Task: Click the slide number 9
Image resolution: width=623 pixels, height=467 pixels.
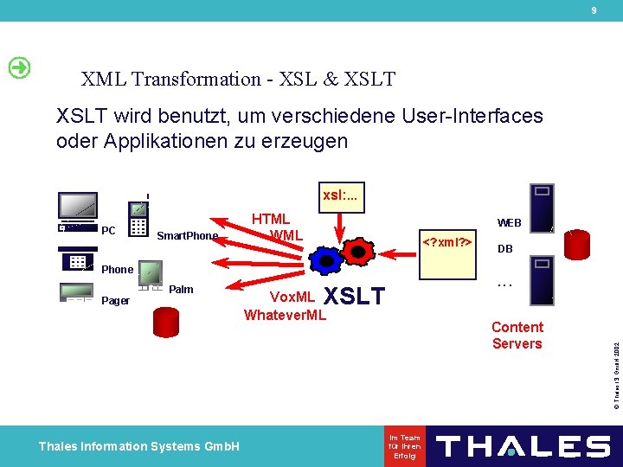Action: (594, 10)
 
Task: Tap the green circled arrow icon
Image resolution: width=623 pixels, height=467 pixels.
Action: (18, 68)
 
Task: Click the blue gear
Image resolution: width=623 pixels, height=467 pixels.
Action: (327, 262)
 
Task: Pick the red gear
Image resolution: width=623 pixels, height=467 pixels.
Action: (356, 251)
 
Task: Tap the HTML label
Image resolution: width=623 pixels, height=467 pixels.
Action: (270, 220)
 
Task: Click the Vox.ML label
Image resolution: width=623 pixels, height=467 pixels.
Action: (293, 297)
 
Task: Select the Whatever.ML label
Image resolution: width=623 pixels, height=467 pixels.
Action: (285, 315)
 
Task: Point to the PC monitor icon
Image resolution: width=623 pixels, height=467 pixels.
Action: (78, 208)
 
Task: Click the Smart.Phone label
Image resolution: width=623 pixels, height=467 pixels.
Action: (187, 236)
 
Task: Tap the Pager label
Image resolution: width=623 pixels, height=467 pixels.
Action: (115, 301)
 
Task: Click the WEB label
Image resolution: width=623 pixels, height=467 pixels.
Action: (509, 223)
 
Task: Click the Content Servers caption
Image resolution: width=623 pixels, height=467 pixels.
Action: (517, 335)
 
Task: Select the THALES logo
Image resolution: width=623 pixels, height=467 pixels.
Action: (523, 446)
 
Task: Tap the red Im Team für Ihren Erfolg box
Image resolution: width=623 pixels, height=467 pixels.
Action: (405, 446)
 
